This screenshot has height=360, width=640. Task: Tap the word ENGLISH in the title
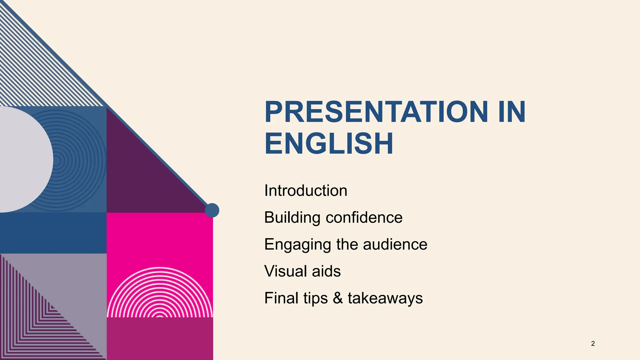pos(328,144)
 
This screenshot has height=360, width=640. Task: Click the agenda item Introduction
pos(306,191)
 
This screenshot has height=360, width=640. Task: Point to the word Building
pos(292,217)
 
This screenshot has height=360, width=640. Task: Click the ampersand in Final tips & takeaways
pos(337,298)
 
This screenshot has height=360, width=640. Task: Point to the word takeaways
pos(385,298)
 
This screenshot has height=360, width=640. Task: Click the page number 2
pos(593,344)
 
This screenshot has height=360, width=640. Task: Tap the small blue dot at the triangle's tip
pos(212,210)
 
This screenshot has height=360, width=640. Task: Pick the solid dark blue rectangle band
pos(53,233)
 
